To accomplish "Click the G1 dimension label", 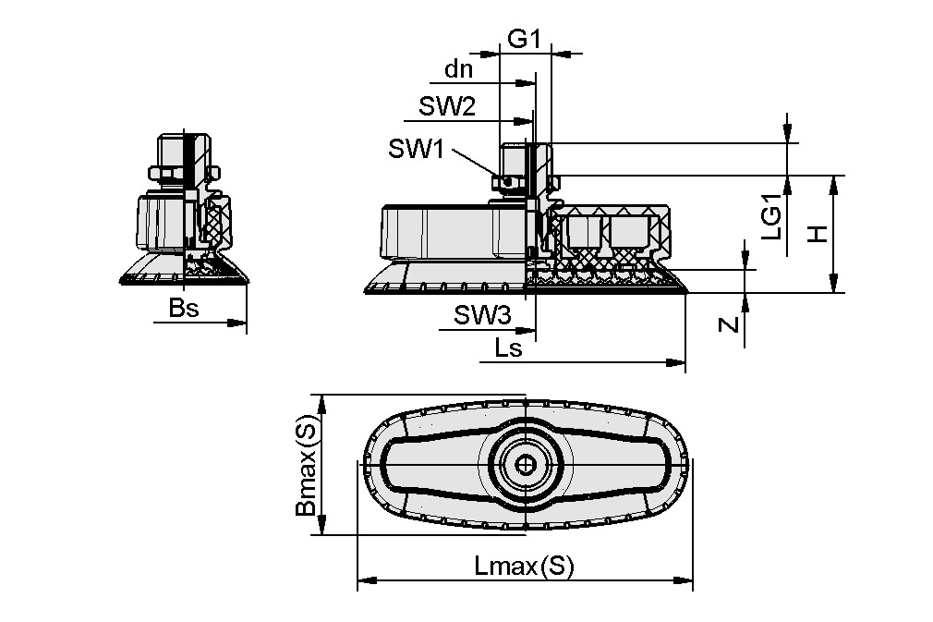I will (524, 39).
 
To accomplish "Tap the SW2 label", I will (447, 107).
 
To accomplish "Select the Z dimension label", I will (729, 324).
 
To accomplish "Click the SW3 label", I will (482, 316).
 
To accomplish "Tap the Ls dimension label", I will (508, 348).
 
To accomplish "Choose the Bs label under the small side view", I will (184, 309).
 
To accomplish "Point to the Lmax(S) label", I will (524, 566).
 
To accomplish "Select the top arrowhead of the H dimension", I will (833, 182).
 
